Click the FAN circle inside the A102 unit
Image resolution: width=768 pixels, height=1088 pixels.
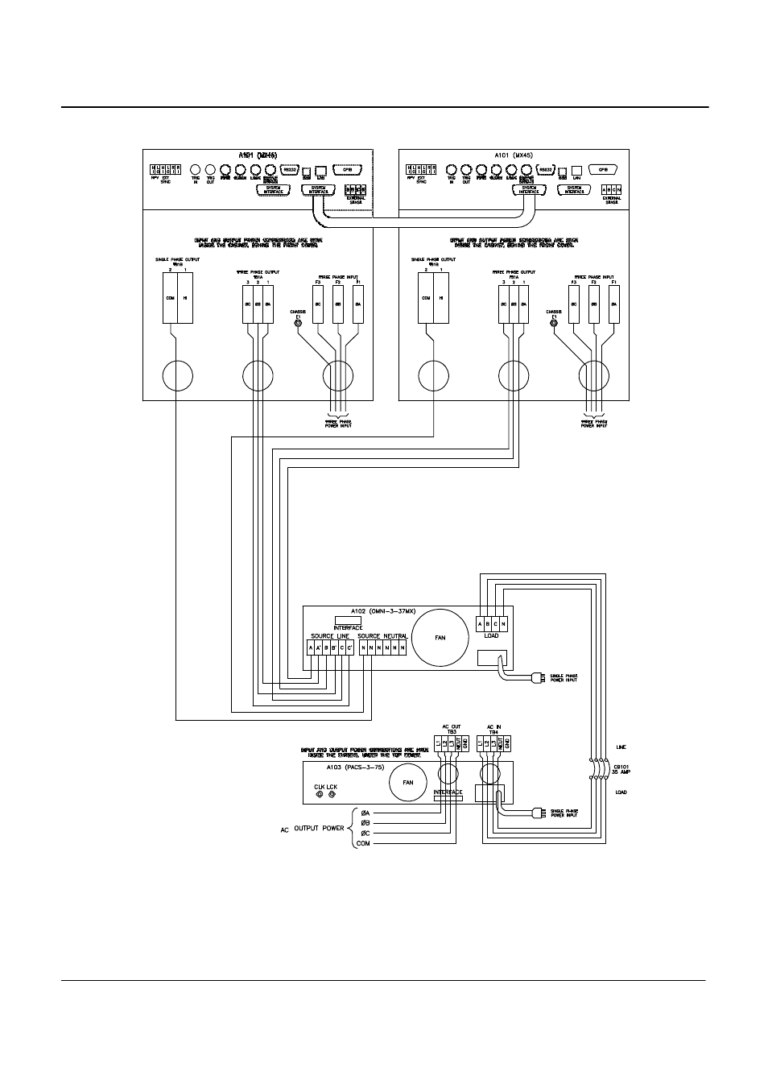pos(440,637)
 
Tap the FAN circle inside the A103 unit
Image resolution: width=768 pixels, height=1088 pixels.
pos(408,783)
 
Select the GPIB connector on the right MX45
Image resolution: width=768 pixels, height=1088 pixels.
pos(602,170)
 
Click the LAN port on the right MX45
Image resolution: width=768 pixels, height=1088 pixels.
pos(576,171)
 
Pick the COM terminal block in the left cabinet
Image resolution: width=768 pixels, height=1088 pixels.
pos(169,297)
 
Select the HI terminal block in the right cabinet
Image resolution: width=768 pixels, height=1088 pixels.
pos(441,297)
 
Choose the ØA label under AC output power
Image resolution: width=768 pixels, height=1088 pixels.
pos(365,813)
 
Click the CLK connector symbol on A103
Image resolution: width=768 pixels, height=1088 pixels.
pos(320,795)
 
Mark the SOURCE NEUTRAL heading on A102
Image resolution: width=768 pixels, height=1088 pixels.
pos(382,636)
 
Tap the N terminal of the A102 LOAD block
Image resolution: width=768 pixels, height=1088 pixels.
pos(504,623)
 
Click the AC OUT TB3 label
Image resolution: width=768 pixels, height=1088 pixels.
pos(451,729)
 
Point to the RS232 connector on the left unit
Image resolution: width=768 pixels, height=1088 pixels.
pos(291,170)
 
